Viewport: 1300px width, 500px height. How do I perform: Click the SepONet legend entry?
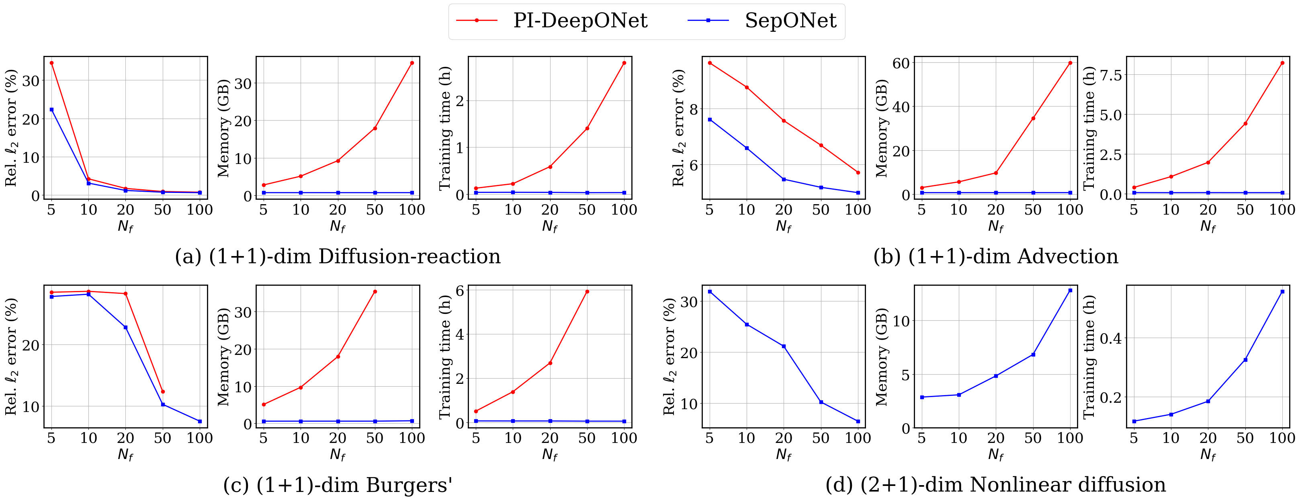pyautogui.click(x=762, y=20)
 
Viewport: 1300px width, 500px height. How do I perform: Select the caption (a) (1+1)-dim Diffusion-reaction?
pyautogui.click(x=338, y=256)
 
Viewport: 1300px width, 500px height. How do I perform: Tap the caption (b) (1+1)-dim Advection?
pyautogui.click(x=996, y=256)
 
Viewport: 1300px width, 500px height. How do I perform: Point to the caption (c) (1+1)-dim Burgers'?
pyautogui.click(x=338, y=485)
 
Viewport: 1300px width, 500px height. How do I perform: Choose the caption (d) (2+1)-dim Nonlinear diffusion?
pyautogui.click(x=996, y=485)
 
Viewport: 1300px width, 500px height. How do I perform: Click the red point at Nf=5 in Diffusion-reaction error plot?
pyautogui.click(x=51, y=63)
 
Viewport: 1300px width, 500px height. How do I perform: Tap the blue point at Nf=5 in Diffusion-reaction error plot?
pyautogui.click(x=51, y=109)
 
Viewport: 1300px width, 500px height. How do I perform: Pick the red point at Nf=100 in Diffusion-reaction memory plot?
pyautogui.click(x=412, y=63)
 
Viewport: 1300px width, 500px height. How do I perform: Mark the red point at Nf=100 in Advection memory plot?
pyautogui.click(x=1070, y=63)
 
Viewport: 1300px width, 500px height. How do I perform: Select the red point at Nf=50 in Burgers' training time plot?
pyautogui.click(x=587, y=292)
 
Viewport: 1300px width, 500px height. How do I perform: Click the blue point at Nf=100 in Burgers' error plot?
pyautogui.click(x=200, y=421)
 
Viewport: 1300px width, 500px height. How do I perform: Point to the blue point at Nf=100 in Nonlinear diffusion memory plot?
pyautogui.click(x=1070, y=291)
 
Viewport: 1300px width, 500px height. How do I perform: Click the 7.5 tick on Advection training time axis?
pyautogui.click(x=1110, y=75)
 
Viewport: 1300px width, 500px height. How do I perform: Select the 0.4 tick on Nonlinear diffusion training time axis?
pyautogui.click(x=1110, y=338)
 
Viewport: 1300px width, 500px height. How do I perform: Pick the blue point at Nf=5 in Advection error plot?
pyautogui.click(x=710, y=120)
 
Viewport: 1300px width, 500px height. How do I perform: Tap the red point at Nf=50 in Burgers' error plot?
pyautogui.click(x=162, y=391)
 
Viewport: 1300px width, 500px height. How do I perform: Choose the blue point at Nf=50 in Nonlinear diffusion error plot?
pyautogui.click(x=821, y=402)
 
